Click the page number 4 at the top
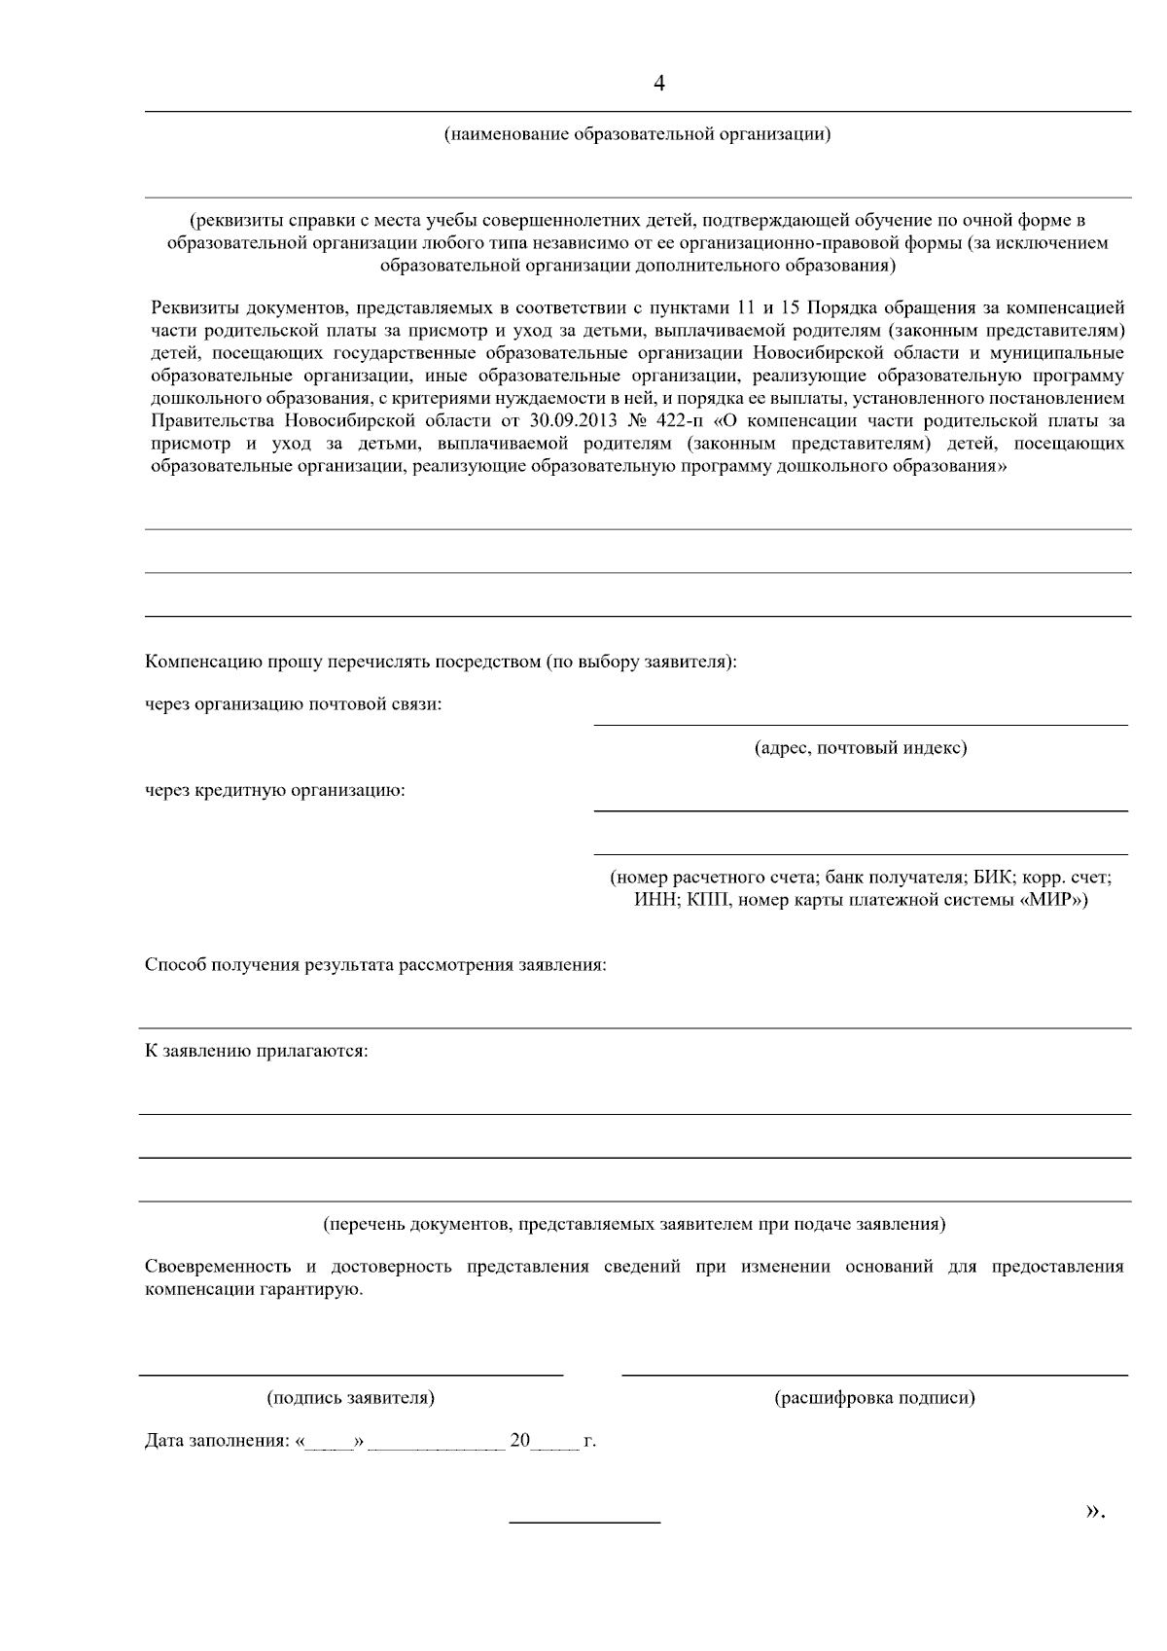(659, 85)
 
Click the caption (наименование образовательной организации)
(637, 134)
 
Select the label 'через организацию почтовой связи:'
(293, 704)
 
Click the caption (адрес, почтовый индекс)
(861, 748)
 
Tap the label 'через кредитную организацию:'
(275, 790)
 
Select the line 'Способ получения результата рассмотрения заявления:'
(375, 966)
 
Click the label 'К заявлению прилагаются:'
(257, 1052)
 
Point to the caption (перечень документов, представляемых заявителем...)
(634, 1224)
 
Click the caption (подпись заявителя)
(350, 1398)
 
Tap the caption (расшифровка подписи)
(874, 1398)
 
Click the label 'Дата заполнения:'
(217, 1441)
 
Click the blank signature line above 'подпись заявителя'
(350, 1374)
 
